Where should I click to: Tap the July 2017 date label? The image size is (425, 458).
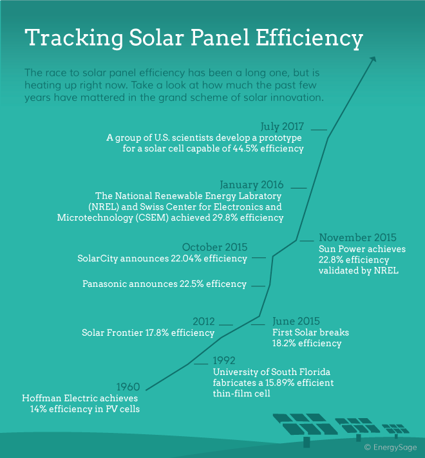[282, 127]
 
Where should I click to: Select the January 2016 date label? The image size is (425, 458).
[251, 185]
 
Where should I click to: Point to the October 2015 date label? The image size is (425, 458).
[214, 247]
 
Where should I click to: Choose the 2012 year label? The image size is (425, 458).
[203, 321]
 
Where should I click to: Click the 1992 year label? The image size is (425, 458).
[225, 360]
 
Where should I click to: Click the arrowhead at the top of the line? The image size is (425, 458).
[373, 59]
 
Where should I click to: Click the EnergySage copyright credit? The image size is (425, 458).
[390, 446]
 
